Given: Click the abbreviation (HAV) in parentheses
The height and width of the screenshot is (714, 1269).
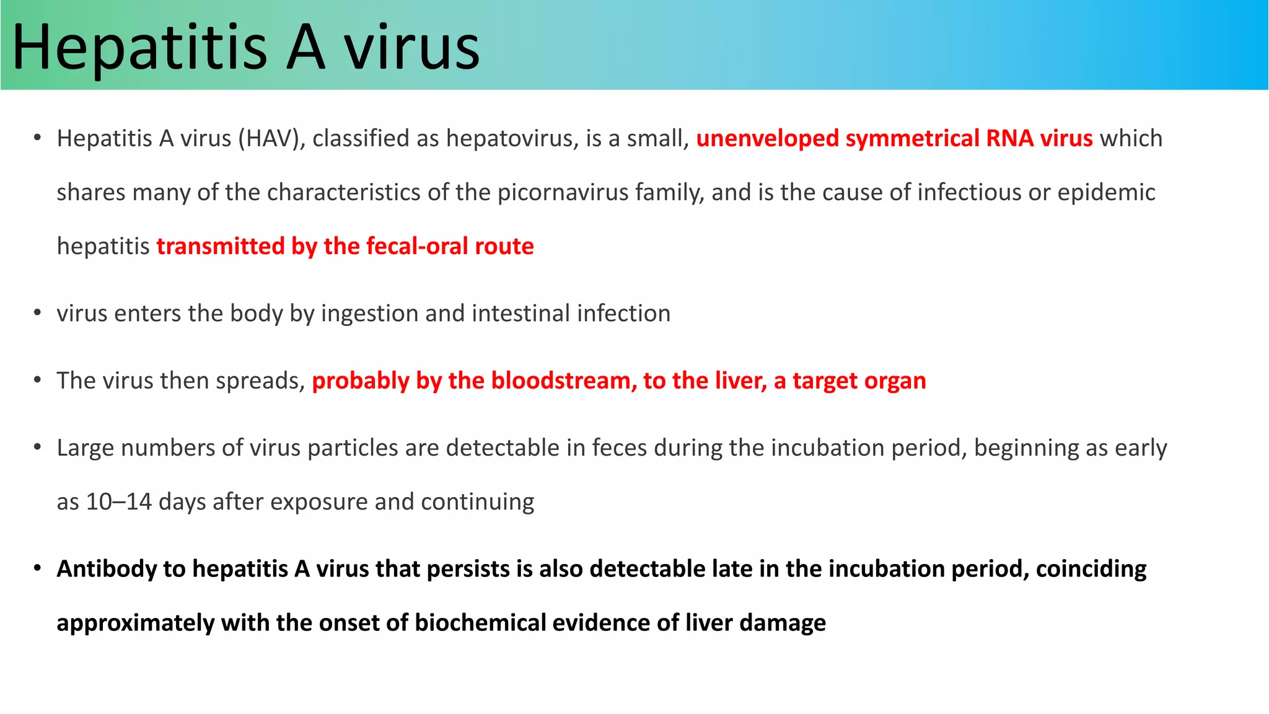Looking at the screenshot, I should point(272,138).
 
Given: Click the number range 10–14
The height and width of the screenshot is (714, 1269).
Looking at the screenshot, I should point(118,502).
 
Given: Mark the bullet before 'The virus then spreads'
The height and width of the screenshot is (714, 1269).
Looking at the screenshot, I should point(38,380).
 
